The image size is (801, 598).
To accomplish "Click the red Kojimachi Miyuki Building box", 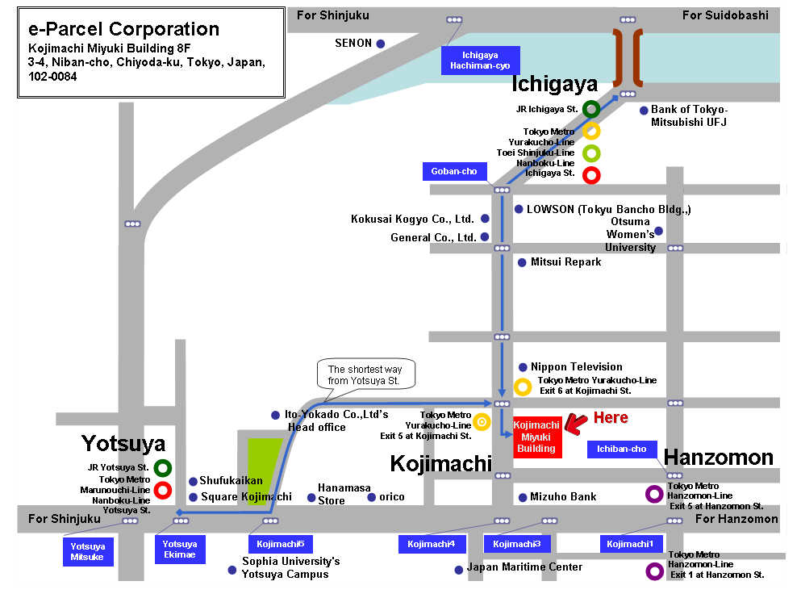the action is [x=537, y=437].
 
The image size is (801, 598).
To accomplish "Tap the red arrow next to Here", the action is [x=577, y=424].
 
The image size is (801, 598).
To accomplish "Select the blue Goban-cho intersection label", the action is [x=454, y=171].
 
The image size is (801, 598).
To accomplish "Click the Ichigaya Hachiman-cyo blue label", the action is [x=480, y=61].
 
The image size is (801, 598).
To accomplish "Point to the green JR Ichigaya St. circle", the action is [x=591, y=109].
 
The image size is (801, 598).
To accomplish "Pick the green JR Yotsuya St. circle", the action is [x=163, y=468].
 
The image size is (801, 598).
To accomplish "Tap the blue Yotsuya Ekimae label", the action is [x=180, y=550].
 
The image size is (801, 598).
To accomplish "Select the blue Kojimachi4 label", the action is [x=432, y=544].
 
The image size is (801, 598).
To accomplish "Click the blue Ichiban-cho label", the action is [x=622, y=450].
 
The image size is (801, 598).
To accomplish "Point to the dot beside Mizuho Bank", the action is [x=523, y=497].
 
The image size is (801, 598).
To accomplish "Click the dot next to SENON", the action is [x=381, y=44].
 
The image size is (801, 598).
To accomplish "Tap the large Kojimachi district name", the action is [x=441, y=463].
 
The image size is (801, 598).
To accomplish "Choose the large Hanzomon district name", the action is [x=718, y=458].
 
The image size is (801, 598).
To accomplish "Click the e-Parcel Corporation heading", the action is [x=123, y=29].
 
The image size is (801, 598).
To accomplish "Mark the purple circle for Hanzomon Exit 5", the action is [x=654, y=494].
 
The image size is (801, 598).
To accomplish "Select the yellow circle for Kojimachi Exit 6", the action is [x=523, y=387].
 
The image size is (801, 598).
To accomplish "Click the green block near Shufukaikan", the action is [x=263, y=471].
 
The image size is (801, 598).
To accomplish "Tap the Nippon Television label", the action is [x=576, y=366].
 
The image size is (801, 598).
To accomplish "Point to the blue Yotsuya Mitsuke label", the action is [x=88, y=551].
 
